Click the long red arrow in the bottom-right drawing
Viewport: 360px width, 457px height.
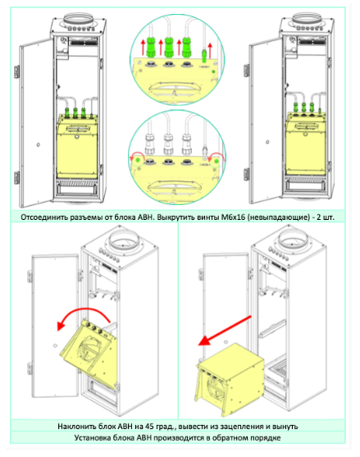[x=225, y=331]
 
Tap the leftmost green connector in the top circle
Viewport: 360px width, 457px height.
[x=151, y=47]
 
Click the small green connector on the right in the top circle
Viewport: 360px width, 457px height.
[x=205, y=55]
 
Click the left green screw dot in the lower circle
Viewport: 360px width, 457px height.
[x=138, y=160]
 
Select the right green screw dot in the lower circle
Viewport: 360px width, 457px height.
[x=216, y=161]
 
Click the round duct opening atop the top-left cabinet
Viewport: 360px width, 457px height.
[x=78, y=19]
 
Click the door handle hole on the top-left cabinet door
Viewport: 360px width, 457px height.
[x=39, y=144]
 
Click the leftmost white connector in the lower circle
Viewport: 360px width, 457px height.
[x=150, y=144]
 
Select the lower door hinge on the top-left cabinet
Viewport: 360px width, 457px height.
[x=17, y=178]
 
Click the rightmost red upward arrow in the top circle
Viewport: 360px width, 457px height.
[x=210, y=48]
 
